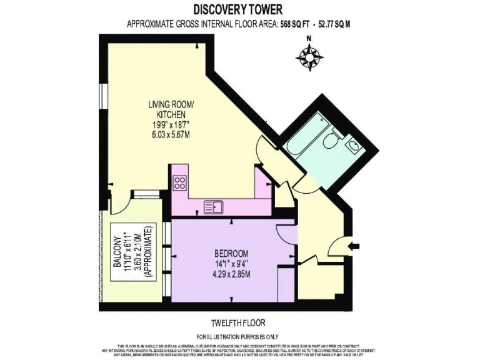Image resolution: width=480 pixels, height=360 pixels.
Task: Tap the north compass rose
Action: coord(309,57)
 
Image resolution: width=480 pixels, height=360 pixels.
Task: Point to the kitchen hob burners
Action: coord(181,183)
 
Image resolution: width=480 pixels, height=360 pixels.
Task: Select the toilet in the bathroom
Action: coord(329,141)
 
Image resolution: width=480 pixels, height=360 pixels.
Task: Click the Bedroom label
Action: coord(231,253)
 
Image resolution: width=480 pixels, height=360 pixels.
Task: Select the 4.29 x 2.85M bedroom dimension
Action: coord(231,274)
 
